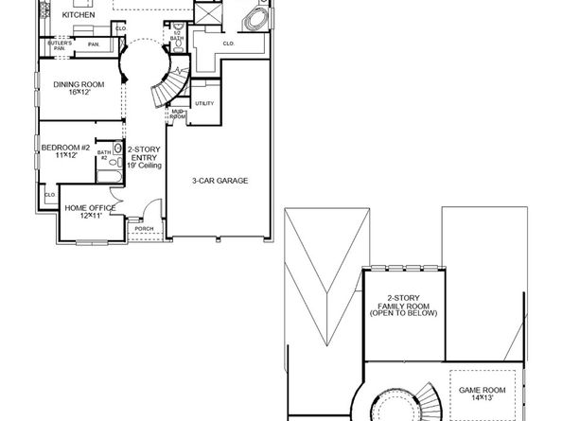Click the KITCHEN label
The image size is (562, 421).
tap(79, 16)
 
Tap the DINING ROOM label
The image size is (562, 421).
tap(79, 84)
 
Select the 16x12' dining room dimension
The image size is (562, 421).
tap(79, 93)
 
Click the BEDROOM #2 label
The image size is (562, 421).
tap(65, 148)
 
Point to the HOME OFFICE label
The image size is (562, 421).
tap(90, 207)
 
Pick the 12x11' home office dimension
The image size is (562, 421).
tap(90, 216)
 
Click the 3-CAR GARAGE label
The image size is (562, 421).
tap(220, 181)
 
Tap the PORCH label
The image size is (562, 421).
tap(145, 229)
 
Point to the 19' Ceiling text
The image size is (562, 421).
tap(144, 166)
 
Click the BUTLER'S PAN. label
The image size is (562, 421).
tap(59, 45)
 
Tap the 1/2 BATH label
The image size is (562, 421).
tap(177, 37)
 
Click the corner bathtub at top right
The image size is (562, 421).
tap(256, 17)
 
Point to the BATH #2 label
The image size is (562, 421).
tap(104, 154)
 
